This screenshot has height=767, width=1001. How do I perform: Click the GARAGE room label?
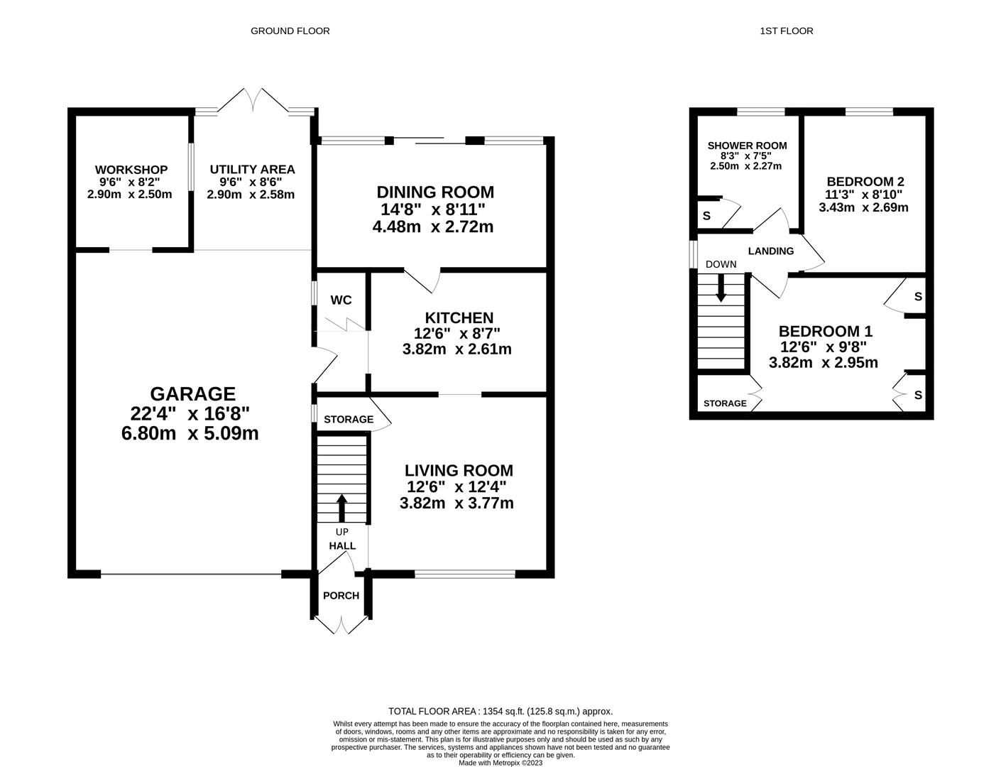(x=192, y=394)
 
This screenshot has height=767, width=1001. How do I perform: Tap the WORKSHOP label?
(x=131, y=170)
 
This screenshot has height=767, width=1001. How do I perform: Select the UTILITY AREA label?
(x=252, y=170)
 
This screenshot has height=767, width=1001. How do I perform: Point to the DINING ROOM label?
(x=435, y=192)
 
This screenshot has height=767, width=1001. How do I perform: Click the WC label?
(x=341, y=300)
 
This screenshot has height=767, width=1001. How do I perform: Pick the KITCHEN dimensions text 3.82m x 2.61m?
(x=456, y=349)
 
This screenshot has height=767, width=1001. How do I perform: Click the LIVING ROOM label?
(x=459, y=470)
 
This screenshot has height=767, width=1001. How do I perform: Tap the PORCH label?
(x=341, y=596)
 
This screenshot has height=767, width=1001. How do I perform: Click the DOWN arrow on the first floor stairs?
(x=721, y=288)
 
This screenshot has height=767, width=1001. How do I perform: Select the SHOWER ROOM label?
(x=747, y=146)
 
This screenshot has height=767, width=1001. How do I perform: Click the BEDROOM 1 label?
(x=826, y=331)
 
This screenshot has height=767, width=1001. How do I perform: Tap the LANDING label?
(x=771, y=251)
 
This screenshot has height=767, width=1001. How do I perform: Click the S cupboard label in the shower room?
(x=706, y=216)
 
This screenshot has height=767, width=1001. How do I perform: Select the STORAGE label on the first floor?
(x=725, y=403)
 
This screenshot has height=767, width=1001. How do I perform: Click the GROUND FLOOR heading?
(x=290, y=31)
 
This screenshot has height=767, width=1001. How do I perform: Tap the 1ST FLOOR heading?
(x=787, y=31)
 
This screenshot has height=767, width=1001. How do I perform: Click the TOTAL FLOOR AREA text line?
(x=500, y=711)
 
